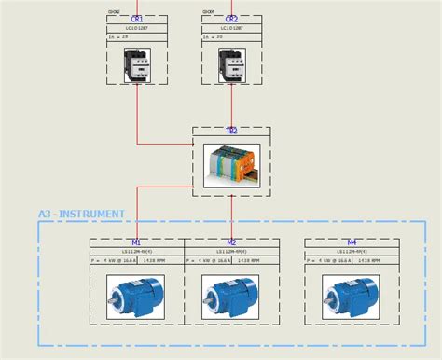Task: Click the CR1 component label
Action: tap(137, 19)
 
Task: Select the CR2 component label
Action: tap(231, 19)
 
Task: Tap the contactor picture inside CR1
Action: tap(137, 63)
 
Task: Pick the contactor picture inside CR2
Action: tap(231, 63)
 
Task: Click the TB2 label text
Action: tap(231, 132)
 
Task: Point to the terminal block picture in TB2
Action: tap(231, 164)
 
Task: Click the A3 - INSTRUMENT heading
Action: tap(81, 215)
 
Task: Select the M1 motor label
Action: tap(137, 242)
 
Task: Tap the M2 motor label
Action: tap(231, 242)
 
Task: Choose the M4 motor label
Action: tap(352, 242)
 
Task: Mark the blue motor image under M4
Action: tap(352, 297)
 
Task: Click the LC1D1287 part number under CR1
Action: tap(137, 29)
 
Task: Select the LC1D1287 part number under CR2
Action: tap(231, 29)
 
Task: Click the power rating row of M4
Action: tap(352, 261)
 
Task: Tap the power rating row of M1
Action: tap(137, 261)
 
